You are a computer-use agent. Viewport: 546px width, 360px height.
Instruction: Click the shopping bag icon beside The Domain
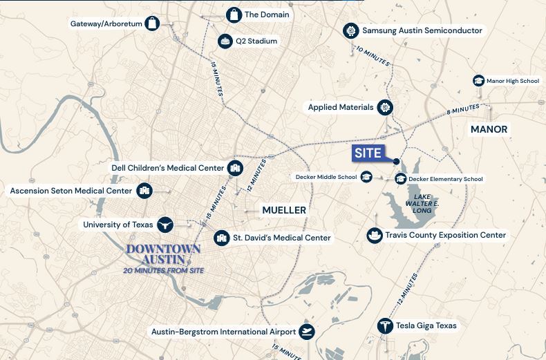point(234,15)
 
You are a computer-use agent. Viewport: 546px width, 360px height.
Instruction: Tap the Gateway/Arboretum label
point(106,23)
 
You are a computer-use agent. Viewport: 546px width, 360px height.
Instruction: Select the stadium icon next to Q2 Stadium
point(225,41)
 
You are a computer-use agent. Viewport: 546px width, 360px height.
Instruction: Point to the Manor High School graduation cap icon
point(478,81)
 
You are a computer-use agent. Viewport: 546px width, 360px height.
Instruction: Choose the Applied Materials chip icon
point(385,107)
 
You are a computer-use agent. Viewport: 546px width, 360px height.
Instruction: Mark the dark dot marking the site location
point(396,162)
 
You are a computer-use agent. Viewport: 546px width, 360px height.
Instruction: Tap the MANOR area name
point(489,129)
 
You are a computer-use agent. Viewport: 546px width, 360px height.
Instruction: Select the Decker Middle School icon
point(366,178)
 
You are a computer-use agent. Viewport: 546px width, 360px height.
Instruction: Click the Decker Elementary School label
point(445,179)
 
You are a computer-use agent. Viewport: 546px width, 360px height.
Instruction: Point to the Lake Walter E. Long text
point(418,203)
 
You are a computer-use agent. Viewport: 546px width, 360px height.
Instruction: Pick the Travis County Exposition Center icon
point(374,236)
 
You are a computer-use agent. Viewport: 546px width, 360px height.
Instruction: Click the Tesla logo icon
point(384,325)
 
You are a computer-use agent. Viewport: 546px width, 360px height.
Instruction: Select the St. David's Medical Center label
point(281,238)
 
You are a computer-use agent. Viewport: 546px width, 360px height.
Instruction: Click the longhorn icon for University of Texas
point(164,224)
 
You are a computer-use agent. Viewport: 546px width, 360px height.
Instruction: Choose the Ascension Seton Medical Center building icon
point(144,191)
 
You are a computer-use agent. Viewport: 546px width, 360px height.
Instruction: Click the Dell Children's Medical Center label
point(167,168)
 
